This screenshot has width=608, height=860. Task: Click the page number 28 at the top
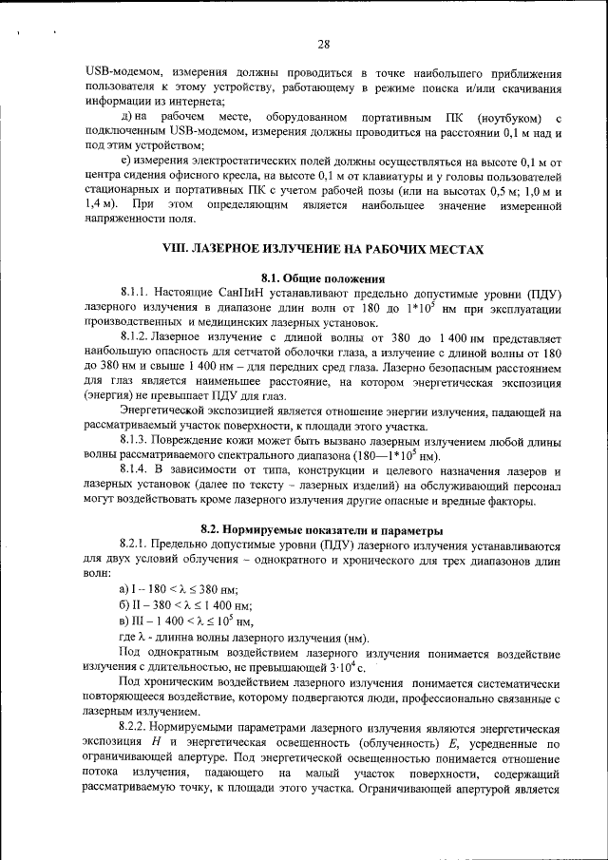click(x=322, y=45)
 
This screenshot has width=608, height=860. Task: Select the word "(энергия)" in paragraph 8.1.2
click(x=111, y=397)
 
